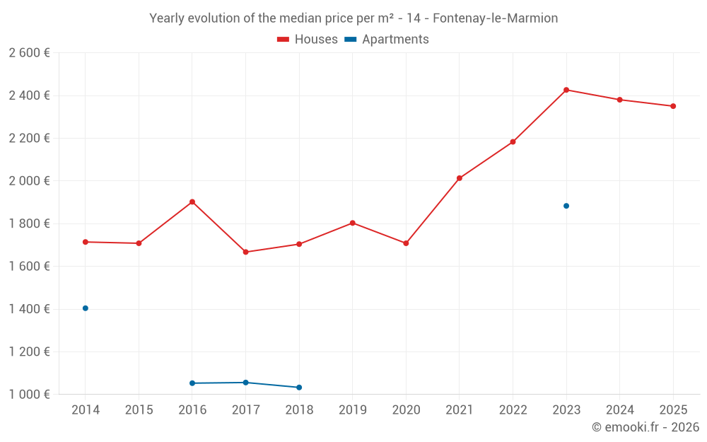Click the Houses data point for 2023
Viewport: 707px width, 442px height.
pos(566,90)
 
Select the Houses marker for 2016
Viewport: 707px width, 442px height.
pos(192,202)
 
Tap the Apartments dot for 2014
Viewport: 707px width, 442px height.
pos(86,308)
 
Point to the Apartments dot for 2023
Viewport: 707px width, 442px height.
pos(566,206)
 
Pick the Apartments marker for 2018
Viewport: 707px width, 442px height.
pos(299,388)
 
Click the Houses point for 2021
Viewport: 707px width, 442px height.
pos(460,178)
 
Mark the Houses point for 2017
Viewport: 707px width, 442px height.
pos(246,252)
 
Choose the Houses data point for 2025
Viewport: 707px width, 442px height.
pos(673,106)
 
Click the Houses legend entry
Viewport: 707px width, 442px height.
pos(308,40)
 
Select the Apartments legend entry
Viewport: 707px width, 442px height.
pos(387,40)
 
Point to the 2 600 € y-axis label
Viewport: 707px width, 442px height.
pos(29,53)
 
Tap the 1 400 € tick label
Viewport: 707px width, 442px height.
pos(29,309)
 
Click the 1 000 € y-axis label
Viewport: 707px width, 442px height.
pos(29,395)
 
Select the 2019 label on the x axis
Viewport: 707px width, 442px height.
pos(353,410)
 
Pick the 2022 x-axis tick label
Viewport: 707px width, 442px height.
pos(513,410)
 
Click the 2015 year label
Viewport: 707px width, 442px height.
pos(139,410)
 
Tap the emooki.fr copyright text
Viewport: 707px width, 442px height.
pos(645,427)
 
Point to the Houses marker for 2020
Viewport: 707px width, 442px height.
pos(406,243)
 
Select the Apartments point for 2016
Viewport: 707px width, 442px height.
pos(192,383)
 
